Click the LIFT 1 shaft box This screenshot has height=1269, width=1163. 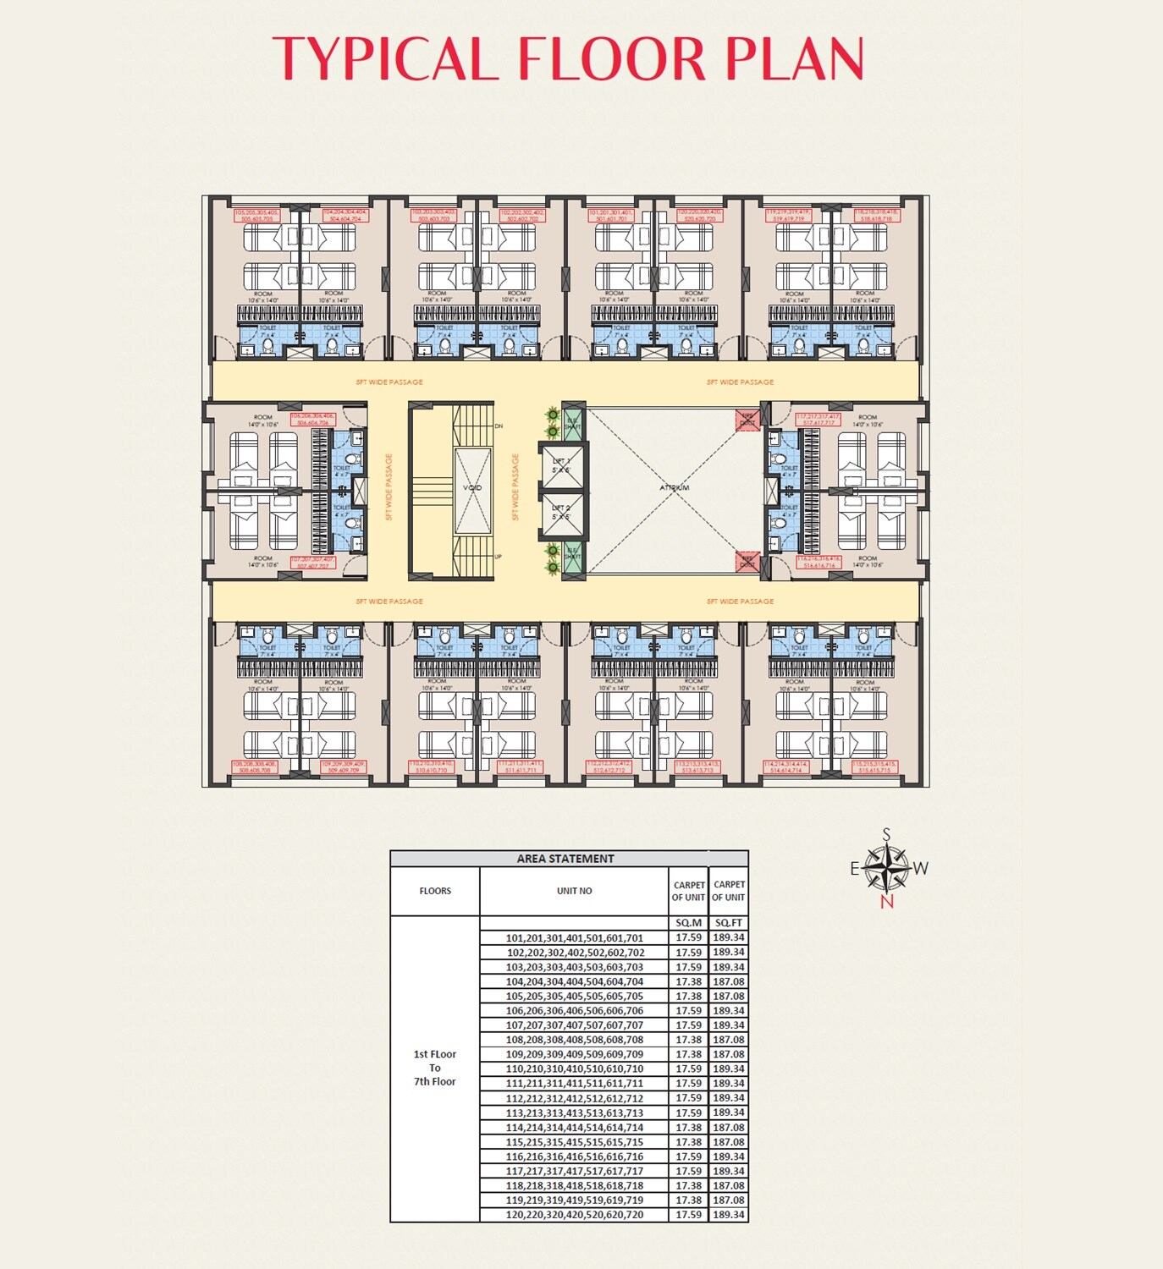click(x=562, y=466)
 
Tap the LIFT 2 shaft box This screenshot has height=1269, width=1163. click(x=562, y=514)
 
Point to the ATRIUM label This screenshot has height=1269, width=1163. click(x=675, y=487)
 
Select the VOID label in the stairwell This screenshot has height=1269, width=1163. click(x=472, y=487)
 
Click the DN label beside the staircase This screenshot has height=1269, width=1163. click(x=499, y=426)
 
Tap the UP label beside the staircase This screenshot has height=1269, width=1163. click(x=498, y=557)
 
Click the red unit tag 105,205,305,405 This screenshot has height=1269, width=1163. click(x=256, y=216)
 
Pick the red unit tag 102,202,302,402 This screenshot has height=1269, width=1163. click(x=522, y=216)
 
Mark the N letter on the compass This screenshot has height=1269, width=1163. click(x=886, y=902)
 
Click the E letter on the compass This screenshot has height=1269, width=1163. click(x=855, y=869)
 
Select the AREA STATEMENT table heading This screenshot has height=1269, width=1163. click(x=565, y=859)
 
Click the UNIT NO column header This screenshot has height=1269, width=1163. click(x=574, y=891)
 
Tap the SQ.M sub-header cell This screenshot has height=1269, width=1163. click(x=688, y=923)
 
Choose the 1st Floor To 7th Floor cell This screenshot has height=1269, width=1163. click(x=435, y=1068)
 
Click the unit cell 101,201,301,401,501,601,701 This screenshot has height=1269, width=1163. click(x=574, y=938)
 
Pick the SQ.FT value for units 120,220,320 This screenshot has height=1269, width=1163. click(x=728, y=1215)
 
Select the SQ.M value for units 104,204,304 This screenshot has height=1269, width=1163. click(x=688, y=982)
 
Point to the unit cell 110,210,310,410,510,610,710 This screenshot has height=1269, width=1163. click(x=574, y=1069)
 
